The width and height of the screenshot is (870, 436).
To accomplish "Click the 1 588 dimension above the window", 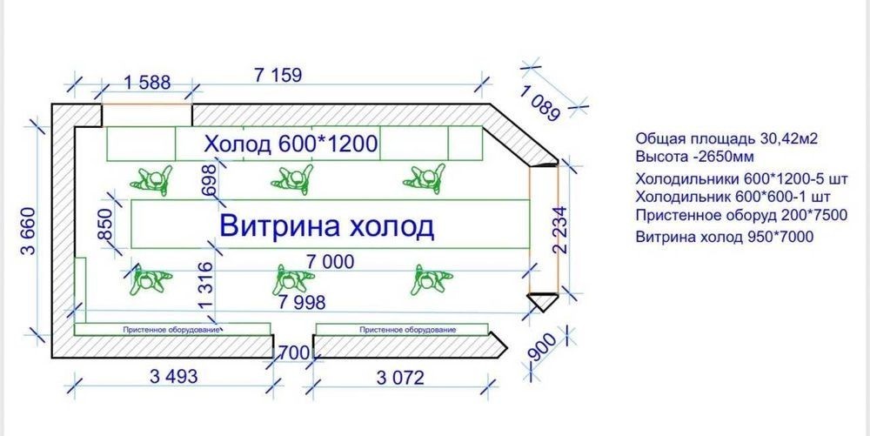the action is tap(146, 83).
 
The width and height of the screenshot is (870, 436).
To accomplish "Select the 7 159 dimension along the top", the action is tap(278, 75).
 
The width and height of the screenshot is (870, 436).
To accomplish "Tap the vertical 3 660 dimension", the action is tap(28, 231).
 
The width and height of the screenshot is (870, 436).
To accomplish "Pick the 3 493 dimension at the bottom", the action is tap(173, 377).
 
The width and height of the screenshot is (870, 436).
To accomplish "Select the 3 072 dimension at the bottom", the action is tap(400, 378).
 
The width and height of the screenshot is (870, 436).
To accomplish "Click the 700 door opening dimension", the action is tap(293, 352).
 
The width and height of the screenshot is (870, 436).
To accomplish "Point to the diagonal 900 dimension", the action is tap(544, 347).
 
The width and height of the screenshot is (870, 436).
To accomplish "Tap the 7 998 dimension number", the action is tap(302, 302).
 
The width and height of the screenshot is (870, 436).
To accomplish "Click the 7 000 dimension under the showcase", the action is tap(330, 261).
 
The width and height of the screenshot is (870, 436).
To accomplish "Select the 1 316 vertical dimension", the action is tap(204, 286).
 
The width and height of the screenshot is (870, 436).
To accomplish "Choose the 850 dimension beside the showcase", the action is tap(105, 225).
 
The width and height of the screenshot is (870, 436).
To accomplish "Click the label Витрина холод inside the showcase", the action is tap(327, 226).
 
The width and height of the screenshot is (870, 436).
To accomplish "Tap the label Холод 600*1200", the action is tap(291, 144).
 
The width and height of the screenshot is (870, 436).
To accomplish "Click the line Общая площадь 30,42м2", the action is tap(726, 138).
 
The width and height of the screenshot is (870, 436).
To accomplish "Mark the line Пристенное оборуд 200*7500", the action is tap(742, 215).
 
